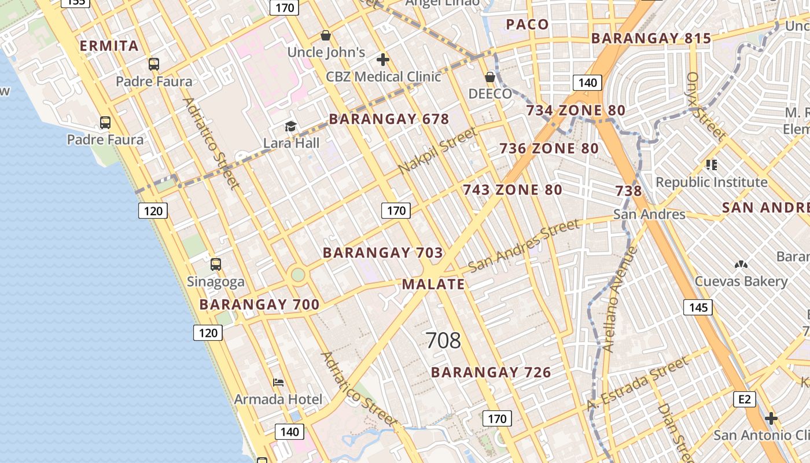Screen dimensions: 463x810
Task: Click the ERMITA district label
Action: pyautogui.click(x=109, y=46)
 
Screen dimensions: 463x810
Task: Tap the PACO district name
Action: pyautogui.click(x=527, y=24)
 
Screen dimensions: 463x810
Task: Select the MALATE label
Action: pyautogui.click(x=433, y=284)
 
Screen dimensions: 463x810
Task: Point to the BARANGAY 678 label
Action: pyautogui.click(x=389, y=119)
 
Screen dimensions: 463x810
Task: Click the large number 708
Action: pyautogui.click(x=443, y=340)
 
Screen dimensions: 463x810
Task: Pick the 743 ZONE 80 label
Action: pyautogui.click(x=512, y=190)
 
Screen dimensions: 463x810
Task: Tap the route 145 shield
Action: pyautogui.click(x=698, y=307)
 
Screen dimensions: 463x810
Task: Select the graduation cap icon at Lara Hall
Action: pyautogui.click(x=290, y=126)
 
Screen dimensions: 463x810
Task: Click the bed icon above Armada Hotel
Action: pyautogui.click(x=278, y=383)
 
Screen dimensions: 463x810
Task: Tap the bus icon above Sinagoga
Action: pyautogui.click(x=216, y=264)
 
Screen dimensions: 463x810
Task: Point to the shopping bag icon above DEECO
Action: pyautogui.click(x=490, y=77)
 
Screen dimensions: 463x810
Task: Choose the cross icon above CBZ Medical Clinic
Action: pyautogui.click(x=382, y=60)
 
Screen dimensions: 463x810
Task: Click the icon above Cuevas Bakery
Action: pyautogui.click(x=741, y=264)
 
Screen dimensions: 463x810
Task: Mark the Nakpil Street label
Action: pyautogui.click(x=438, y=150)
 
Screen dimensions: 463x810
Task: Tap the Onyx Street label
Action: pyautogui.click(x=705, y=106)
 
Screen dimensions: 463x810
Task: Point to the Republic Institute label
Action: pyautogui.click(x=711, y=182)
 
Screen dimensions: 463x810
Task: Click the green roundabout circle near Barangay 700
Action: pyautogui.click(x=298, y=274)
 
